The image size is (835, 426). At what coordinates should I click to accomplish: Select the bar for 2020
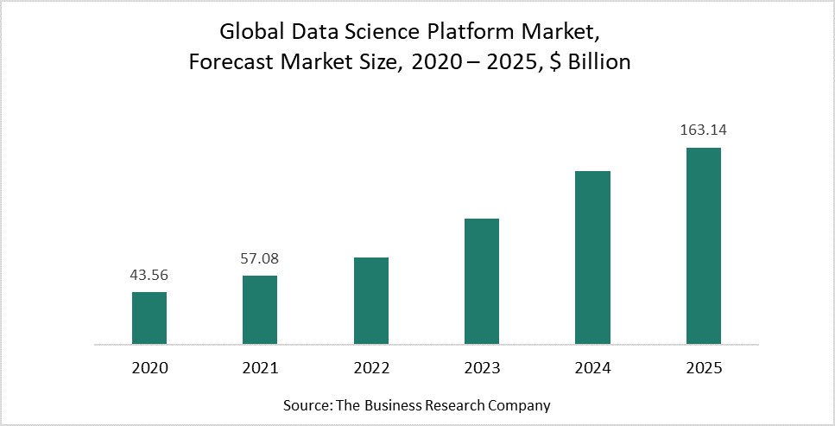149,318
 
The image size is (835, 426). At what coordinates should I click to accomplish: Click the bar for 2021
260,309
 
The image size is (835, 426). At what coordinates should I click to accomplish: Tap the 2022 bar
371,301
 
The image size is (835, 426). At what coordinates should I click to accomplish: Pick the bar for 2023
482,281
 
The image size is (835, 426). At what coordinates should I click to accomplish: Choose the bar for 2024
592,258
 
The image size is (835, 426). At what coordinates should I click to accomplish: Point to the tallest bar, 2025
703,245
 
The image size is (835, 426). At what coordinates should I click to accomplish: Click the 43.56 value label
149,276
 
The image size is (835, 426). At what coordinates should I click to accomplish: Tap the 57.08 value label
260,258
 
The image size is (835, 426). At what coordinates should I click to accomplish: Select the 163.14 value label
703,131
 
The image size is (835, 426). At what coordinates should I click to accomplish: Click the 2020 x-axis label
149,368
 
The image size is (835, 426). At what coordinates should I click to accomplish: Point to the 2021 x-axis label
260,368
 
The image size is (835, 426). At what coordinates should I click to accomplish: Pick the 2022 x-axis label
371,368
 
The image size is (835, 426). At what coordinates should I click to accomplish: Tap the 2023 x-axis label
482,368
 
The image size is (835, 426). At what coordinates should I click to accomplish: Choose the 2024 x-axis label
592,368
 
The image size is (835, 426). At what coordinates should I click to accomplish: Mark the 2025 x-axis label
703,368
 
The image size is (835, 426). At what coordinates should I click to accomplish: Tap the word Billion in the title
596,63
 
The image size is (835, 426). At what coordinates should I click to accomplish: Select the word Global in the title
251,33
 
